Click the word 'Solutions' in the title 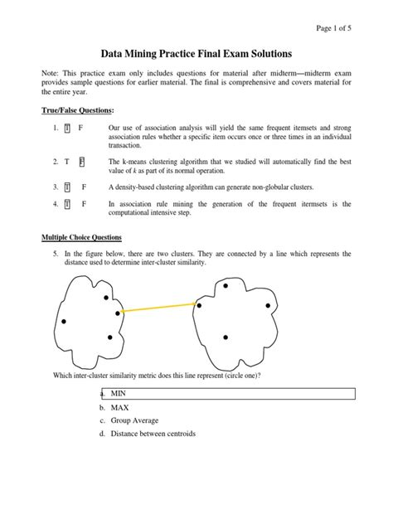point(266,51)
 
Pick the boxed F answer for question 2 point(81,160)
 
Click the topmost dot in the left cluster point(105,297)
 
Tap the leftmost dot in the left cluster point(63,322)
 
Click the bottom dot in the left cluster point(109,337)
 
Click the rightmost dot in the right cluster point(268,306)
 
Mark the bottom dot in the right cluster point(226,337)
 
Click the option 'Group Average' point(138,420)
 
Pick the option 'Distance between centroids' point(158,433)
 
